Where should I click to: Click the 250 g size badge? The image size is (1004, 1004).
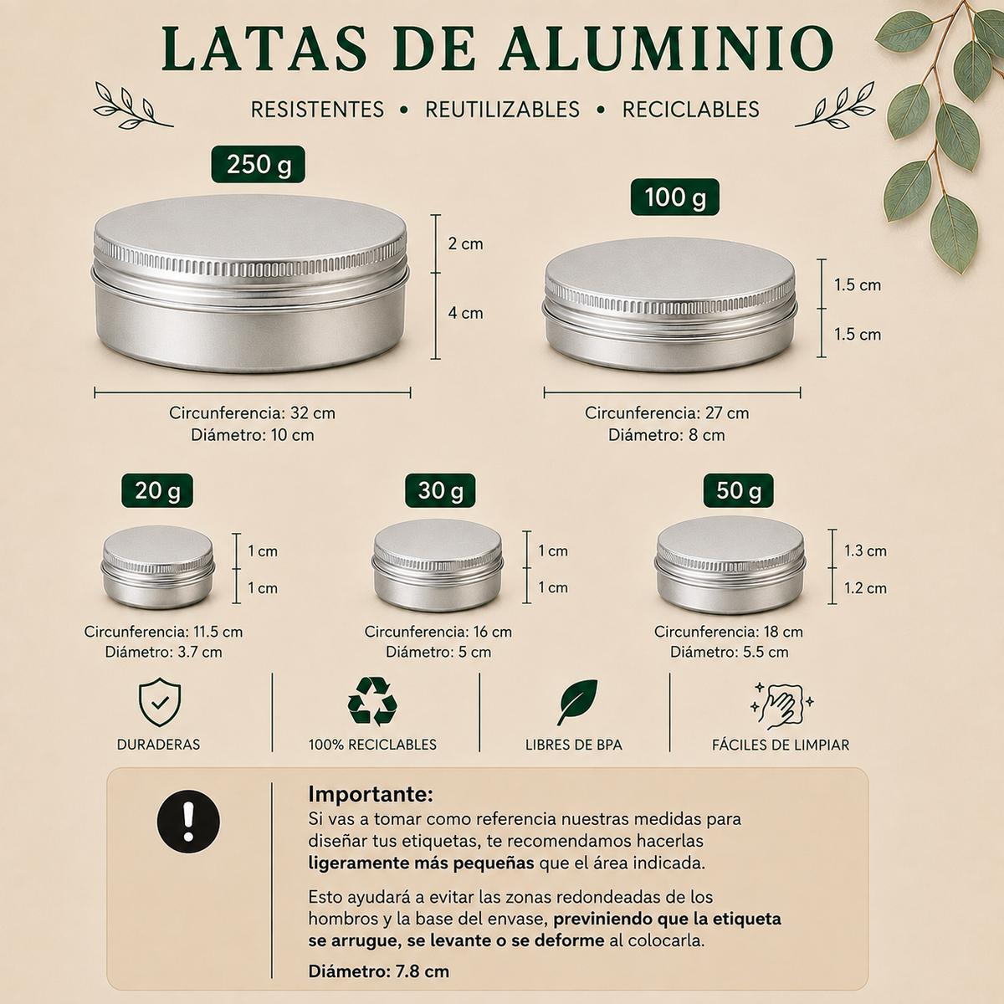[258, 164]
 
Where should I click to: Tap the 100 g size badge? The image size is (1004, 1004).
[674, 197]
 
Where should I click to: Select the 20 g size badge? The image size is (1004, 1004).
[157, 490]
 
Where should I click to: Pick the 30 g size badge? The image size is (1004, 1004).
[440, 490]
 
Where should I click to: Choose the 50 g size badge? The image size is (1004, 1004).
[738, 490]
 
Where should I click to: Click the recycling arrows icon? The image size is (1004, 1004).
[372, 701]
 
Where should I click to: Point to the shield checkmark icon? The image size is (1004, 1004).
[160, 702]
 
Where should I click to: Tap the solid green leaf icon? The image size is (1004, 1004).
[577, 702]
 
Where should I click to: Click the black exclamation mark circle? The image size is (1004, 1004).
[188, 822]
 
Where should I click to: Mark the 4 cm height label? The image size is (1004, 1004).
[465, 313]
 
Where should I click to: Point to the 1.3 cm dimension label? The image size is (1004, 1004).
[865, 551]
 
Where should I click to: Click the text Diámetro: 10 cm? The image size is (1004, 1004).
[252, 434]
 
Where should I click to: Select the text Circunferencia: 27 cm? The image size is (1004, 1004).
[667, 412]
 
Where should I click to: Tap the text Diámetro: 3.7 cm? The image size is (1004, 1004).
[164, 652]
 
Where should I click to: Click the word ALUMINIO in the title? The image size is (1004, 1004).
[666, 48]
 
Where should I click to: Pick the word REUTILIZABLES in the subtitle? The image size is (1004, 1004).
[502, 110]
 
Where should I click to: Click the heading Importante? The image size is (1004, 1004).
[371, 794]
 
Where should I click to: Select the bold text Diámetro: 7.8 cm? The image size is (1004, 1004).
[379, 971]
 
